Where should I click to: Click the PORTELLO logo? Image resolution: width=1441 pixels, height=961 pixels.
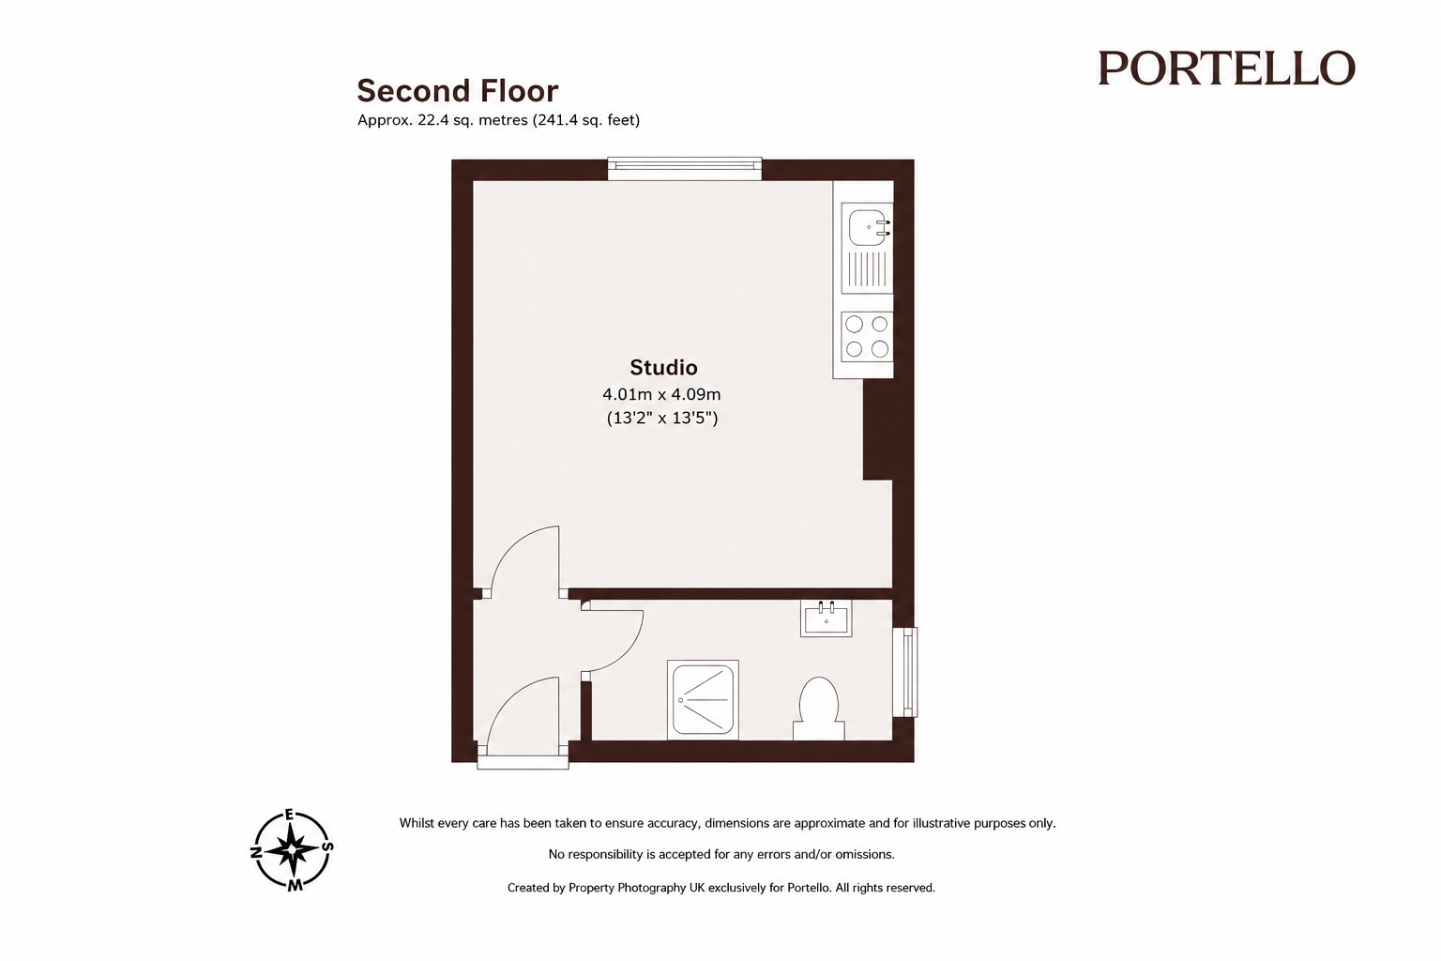click(x=1226, y=69)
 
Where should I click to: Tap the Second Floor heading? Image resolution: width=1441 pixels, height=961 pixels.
click(x=458, y=91)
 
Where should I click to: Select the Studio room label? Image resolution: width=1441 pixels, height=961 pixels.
click(x=663, y=368)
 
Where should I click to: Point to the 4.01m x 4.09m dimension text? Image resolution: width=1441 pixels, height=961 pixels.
click(x=661, y=394)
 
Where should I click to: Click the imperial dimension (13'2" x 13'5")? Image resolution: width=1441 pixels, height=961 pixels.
click(x=662, y=419)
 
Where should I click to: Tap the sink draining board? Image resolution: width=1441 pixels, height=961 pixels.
click(x=867, y=269)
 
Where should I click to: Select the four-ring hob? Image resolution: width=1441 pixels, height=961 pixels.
click(x=867, y=337)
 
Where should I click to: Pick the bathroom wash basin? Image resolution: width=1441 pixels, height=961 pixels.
click(x=826, y=618)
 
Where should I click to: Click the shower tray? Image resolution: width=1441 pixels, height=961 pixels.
click(x=703, y=700)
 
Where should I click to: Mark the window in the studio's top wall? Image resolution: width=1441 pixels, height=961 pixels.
click(x=685, y=168)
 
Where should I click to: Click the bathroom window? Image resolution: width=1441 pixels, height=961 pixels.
click(x=905, y=671)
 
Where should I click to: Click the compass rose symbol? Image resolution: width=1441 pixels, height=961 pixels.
click(x=292, y=850)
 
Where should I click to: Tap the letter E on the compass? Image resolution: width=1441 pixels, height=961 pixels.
click(x=290, y=815)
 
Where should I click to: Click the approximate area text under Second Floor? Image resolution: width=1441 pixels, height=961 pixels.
click(x=498, y=120)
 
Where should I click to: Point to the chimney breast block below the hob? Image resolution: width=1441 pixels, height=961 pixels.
click(x=878, y=429)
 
